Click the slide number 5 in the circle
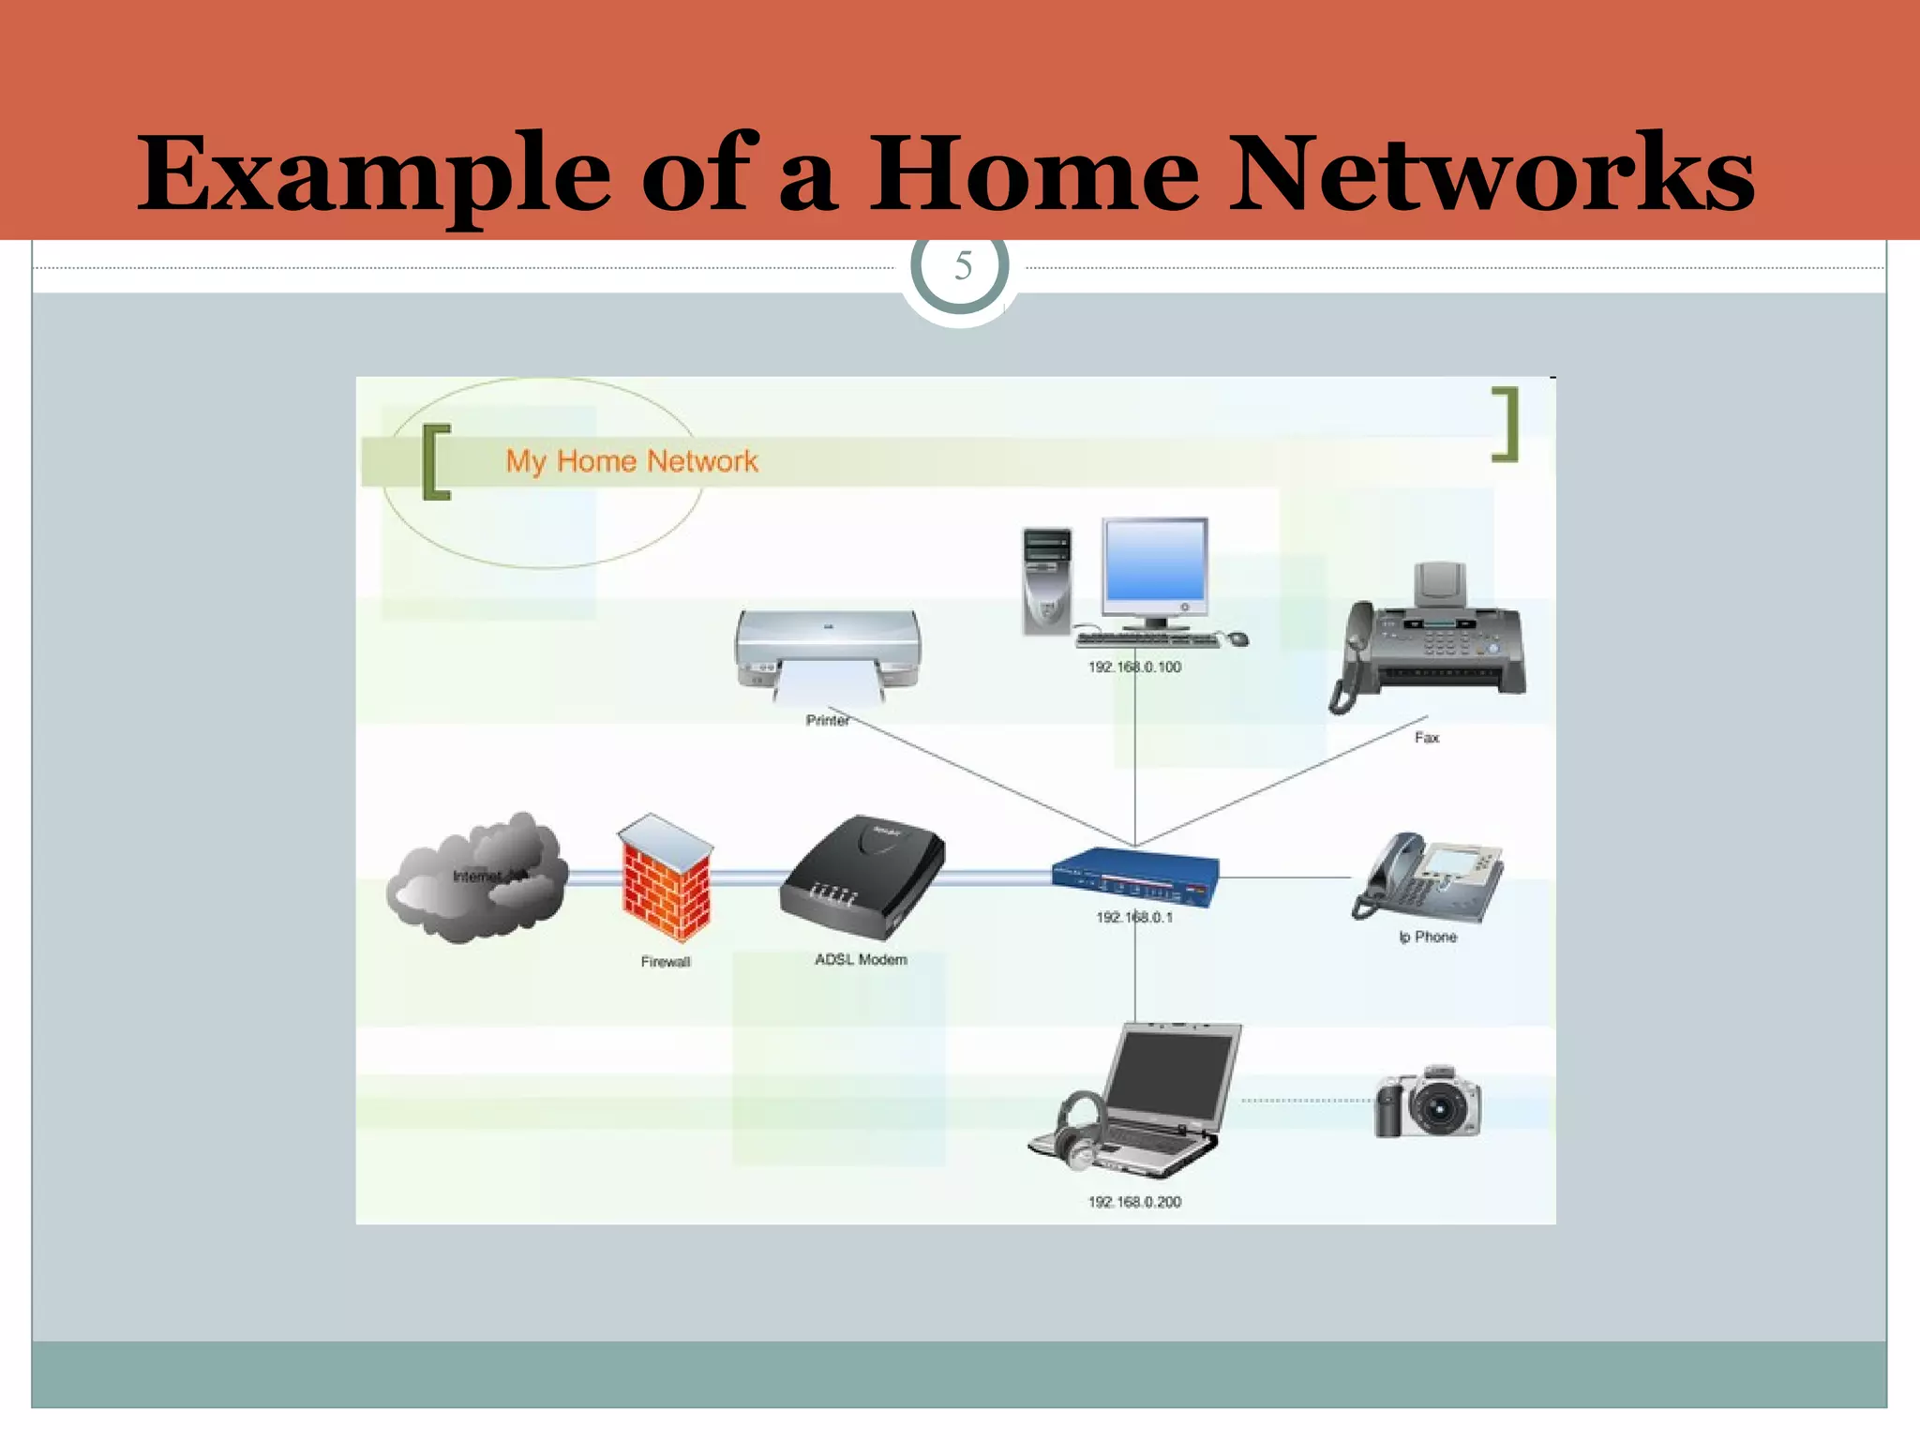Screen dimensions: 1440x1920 pyautogui.click(x=962, y=267)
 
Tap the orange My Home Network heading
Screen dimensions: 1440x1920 pyautogui.click(x=631, y=461)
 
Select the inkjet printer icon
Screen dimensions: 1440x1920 pyautogui.click(x=827, y=653)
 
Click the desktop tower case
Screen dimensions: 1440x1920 pyautogui.click(x=1046, y=581)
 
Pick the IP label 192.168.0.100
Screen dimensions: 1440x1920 pyautogui.click(x=1134, y=667)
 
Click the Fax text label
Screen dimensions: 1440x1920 pyautogui.click(x=1427, y=738)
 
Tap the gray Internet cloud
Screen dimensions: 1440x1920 pyautogui.click(x=476, y=877)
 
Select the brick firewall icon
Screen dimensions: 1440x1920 pyautogui.click(x=665, y=878)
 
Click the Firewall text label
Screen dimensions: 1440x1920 pyautogui.click(x=666, y=962)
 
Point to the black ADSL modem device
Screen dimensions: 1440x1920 pyautogui.click(x=862, y=877)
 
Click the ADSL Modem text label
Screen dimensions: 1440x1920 pyautogui.click(x=861, y=960)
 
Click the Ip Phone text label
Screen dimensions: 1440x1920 pyautogui.click(x=1428, y=937)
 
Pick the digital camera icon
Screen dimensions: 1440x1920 pyautogui.click(x=1428, y=1102)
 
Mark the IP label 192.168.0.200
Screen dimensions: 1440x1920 pyautogui.click(x=1134, y=1202)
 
